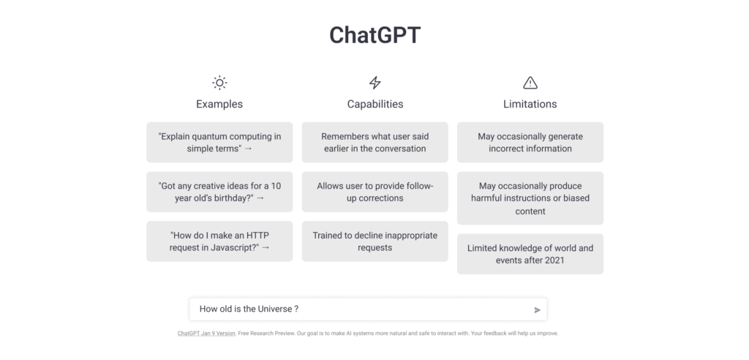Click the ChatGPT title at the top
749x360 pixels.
click(x=374, y=35)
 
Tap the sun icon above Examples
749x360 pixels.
click(x=219, y=83)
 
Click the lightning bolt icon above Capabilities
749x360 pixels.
click(x=375, y=83)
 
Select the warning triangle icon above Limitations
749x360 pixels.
click(x=530, y=83)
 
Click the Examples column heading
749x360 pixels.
click(x=219, y=104)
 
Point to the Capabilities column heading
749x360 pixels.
click(x=375, y=104)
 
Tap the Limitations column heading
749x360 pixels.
click(x=530, y=104)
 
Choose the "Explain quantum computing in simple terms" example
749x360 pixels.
click(x=219, y=143)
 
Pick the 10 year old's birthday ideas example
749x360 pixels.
click(x=219, y=192)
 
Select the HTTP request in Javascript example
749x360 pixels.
click(x=219, y=241)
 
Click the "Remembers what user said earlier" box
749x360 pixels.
click(x=375, y=143)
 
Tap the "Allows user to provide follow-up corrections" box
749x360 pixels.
click(x=375, y=192)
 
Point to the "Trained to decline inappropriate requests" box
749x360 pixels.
click(x=375, y=241)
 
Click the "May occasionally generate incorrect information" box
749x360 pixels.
click(x=530, y=143)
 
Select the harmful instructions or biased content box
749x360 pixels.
click(x=530, y=198)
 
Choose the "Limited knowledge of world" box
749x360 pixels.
click(x=530, y=254)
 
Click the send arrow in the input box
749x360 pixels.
click(x=537, y=310)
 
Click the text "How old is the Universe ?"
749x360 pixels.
click(x=249, y=309)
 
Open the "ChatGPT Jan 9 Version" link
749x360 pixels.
click(x=206, y=333)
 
